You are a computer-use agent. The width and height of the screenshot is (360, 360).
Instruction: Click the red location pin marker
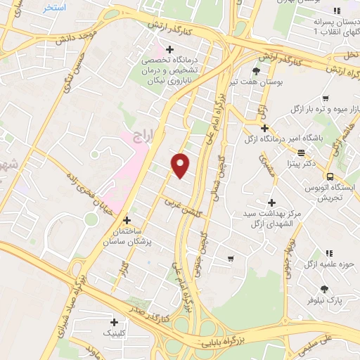pos(181,165)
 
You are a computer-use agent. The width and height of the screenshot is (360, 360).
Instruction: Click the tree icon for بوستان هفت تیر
pos(255,71)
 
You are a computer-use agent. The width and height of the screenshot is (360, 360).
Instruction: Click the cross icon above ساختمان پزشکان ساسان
pos(127,219)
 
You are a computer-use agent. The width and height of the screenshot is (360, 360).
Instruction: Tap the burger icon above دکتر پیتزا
pos(301,153)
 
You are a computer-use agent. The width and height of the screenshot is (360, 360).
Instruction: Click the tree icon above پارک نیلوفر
pos(324,288)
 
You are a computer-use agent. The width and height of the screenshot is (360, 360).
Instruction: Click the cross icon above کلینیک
pos(114,321)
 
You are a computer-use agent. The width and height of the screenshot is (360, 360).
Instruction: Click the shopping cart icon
pos(231,259)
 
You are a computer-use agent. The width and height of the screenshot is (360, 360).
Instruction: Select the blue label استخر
pos(54,7)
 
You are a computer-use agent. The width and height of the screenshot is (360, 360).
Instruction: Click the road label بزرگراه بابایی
pos(212,343)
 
